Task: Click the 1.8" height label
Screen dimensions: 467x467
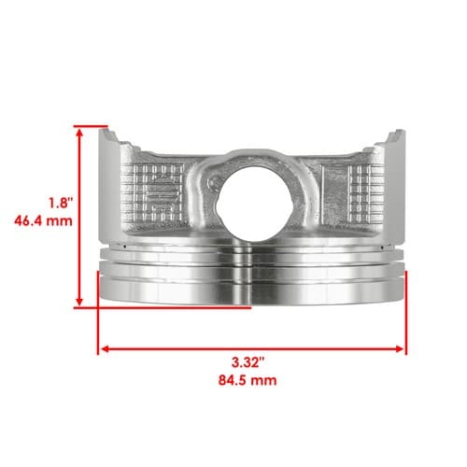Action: tap(61, 204)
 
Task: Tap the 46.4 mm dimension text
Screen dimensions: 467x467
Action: tap(43, 221)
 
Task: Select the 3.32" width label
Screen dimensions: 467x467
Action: tap(248, 362)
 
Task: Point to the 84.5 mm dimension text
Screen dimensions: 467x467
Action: tap(248, 380)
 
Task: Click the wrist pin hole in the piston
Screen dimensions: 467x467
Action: tap(254, 204)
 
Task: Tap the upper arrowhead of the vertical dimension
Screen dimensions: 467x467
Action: tap(79, 133)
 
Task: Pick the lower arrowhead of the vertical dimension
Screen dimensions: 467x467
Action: tap(79, 301)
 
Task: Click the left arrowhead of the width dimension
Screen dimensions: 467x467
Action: tap(106, 348)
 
